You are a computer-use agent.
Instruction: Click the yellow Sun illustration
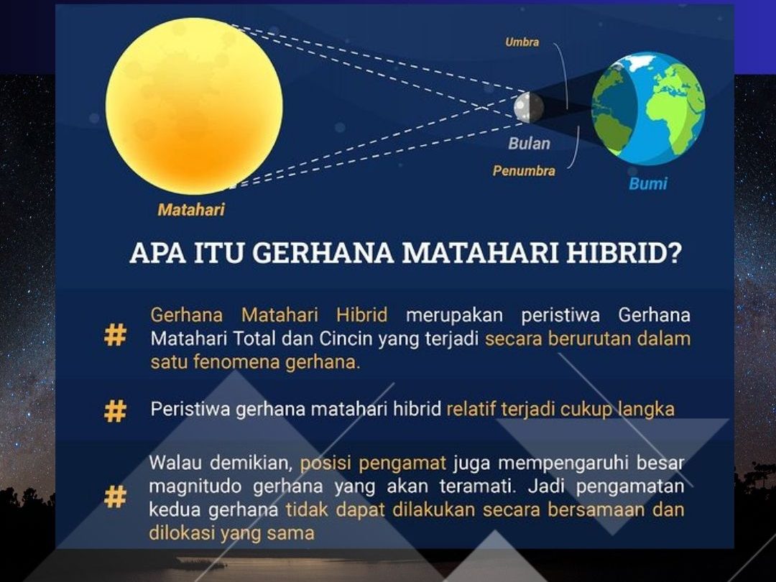coord(194,106)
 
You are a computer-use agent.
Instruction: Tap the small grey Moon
coord(529,107)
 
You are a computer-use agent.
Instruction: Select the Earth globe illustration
coord(648,108)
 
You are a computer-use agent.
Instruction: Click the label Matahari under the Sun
coord(191,210)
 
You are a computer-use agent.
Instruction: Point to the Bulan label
coord(529,144)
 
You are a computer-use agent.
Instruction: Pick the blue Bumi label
coord(648,184)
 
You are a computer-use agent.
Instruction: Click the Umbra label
coord(522,42)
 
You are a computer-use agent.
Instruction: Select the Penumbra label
coord(524,171)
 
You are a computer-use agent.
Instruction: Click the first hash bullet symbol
coord(115,335)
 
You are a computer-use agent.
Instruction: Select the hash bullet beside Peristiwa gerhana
coord(115,411)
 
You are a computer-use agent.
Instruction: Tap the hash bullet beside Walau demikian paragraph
coord(115,496)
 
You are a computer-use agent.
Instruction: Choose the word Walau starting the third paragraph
coord(175,463)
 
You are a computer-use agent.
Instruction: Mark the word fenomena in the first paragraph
coord(239,362)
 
